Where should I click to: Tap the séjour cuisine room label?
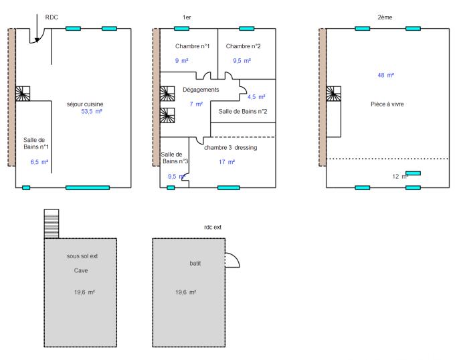tap(85, 104)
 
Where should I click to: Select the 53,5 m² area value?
tap(92, 112)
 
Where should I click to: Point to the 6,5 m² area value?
tap(39, 162)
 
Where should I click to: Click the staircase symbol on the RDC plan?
tap(23, 93)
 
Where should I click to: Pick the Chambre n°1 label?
tap(193, 46)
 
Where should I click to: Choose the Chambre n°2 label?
tap(243, 46)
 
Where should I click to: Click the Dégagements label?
tap(201, 89)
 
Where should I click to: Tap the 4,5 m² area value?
tap(256, 97)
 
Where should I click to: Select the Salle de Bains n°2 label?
tap(243, 110)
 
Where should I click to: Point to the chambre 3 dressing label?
tap(231, 147)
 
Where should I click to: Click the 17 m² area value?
tap(226, 162)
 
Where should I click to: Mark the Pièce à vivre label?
tap(387, 104)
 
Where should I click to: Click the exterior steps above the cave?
tap(52, 223)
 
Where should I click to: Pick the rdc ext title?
tap(213, 228)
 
